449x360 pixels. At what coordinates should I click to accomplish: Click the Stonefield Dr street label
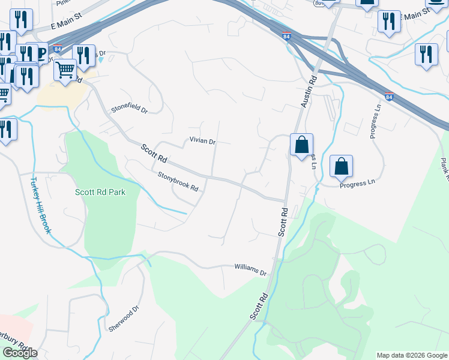pos(129,109)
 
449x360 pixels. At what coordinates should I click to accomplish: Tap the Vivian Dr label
pos(202,141)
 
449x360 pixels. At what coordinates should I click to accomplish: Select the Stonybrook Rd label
pos(178,181)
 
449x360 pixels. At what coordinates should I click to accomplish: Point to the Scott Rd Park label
pos(100,193)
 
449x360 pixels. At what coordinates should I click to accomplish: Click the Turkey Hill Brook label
pos(42,205)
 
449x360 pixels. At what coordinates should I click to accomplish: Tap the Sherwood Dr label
pos(124,318)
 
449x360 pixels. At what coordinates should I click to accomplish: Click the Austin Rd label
pos(308,91)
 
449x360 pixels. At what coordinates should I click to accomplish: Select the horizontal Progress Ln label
pos(357,185)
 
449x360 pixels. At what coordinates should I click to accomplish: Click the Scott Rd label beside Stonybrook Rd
pos(154,154)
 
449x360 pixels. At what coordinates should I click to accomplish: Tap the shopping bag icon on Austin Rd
pos(301,145)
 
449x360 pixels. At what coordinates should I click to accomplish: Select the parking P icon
pos(41,53)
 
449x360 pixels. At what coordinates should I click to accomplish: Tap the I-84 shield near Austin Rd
pos(286,37)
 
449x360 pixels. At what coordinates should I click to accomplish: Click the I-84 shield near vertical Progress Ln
pos(390,96)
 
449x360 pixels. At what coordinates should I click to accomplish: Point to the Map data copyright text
pos(412,355)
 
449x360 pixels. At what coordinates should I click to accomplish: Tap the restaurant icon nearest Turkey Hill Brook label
pos(6,130)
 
